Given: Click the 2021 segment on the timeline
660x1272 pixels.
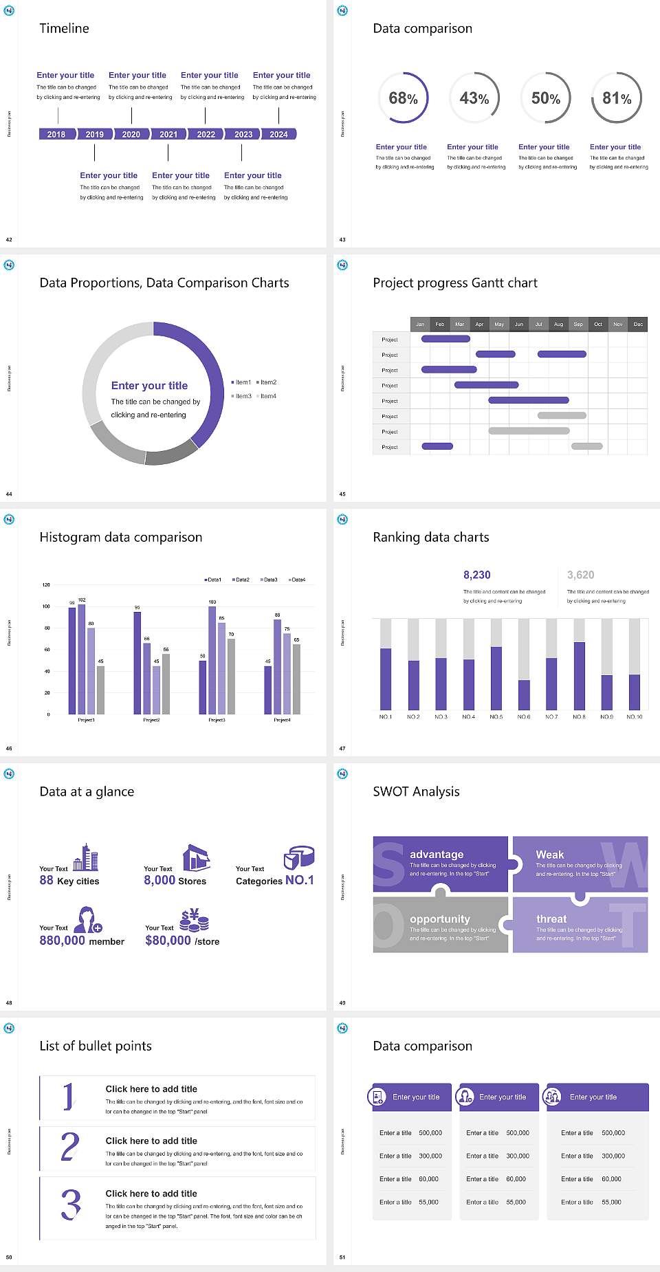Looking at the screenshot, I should click(x=168, y=134).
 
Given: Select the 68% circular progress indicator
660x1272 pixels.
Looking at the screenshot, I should click(x=404, y=98).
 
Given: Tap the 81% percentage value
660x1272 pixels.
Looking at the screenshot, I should click(x=617, y=98).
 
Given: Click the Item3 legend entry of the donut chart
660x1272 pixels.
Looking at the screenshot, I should click(x=242, y=396).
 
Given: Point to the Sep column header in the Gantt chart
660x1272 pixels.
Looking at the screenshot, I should click(x=578, y=324).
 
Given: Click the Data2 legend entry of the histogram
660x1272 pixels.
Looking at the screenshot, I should click(x=241, y=580).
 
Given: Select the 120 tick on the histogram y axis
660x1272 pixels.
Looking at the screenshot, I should click(x=46, y=584).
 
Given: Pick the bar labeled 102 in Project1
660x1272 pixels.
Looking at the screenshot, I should click(x=82, y=658).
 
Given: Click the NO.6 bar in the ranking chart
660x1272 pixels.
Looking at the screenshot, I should click(x=524, y=694).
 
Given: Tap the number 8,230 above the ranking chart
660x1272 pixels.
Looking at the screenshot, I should click(x=477, y=575).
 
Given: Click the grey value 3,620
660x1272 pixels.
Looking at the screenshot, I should click(x=580, y=575).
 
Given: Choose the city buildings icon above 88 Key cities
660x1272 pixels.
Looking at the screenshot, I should click(x=86, y=857).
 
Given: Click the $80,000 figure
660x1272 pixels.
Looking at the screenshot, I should click(x=168, y=940).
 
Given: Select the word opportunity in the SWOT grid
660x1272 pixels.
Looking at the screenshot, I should click(x=440, y=919).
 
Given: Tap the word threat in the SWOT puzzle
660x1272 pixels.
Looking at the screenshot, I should click(x=551, y=919).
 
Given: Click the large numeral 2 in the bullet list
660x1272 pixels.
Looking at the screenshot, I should click(x=69, y=1147).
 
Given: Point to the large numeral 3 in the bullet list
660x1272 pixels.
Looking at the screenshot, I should click(x=71, y=1204).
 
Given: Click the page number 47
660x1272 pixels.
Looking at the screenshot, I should click(x=342, y=748).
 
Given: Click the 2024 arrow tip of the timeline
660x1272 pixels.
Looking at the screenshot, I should click(x=280, y=134).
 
